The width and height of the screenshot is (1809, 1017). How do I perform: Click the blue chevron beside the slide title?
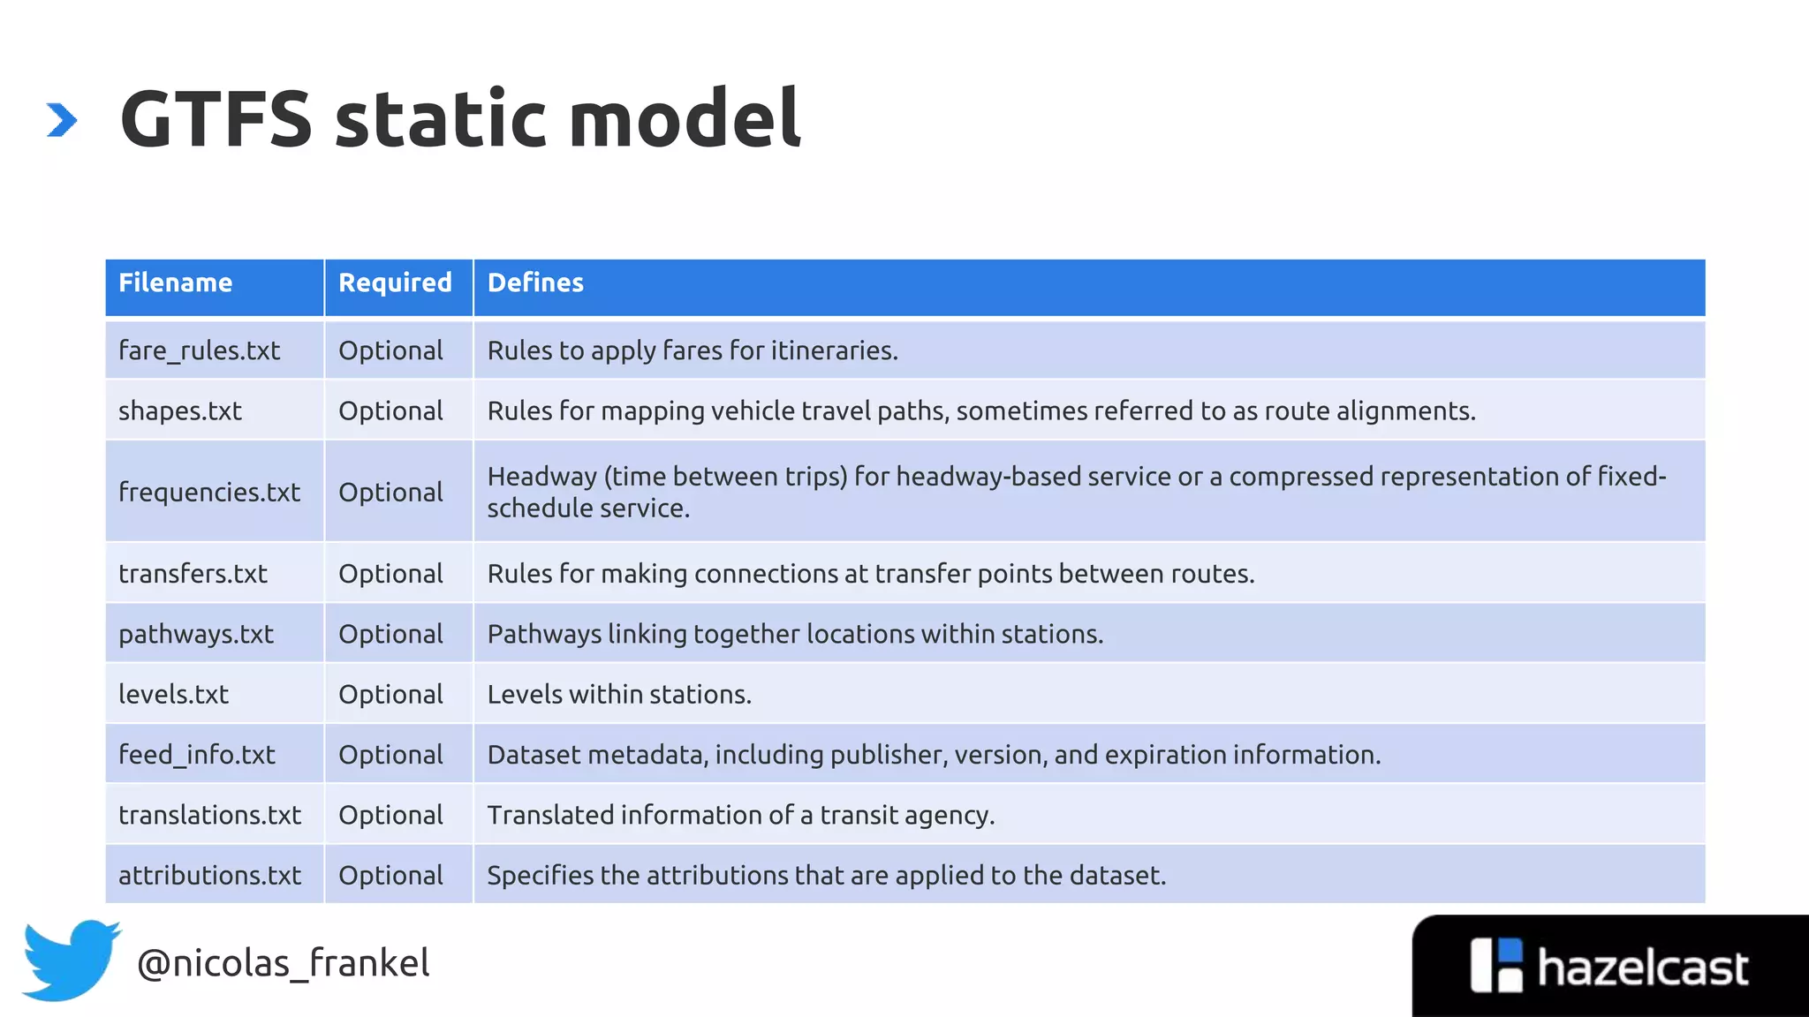coord(62,120)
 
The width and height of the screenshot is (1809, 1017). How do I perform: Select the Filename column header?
coord(175,282)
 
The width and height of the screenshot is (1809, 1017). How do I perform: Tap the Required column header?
coord(395,282)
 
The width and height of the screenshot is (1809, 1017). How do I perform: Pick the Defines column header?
coord(535,282)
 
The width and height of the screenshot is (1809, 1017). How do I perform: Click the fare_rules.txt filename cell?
coord(199,350)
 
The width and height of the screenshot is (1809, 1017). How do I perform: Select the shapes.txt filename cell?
coord(180,411)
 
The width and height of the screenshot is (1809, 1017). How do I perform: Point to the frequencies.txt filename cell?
coord(209,492)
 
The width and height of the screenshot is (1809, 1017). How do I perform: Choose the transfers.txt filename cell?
coord(193,574)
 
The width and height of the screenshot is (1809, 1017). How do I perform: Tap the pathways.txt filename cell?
coord(196,634)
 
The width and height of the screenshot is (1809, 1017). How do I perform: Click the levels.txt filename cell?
coord(173,694)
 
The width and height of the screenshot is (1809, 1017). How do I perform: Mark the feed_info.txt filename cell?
coord(197,755)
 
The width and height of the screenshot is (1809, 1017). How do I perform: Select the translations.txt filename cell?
coord(209,815)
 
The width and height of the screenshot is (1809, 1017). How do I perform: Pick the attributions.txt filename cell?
coord(209,875)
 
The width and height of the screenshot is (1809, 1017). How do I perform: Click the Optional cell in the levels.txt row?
coord(390,694)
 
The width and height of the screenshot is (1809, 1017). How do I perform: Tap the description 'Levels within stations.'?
coord(619,694)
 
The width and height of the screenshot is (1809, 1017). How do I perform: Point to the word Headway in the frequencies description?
coord(541,477)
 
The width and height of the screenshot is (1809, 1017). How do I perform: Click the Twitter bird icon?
coord(71,960)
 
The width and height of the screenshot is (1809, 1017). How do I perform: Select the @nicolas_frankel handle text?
coord(283,963)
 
